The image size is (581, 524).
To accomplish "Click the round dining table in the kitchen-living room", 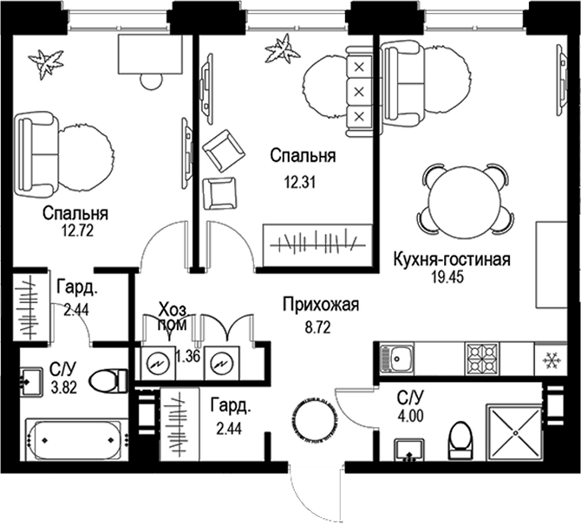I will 465,201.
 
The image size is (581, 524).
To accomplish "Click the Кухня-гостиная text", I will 450,259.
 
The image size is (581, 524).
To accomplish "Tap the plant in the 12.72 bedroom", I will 45,61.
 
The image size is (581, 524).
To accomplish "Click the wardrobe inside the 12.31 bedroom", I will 317,238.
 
